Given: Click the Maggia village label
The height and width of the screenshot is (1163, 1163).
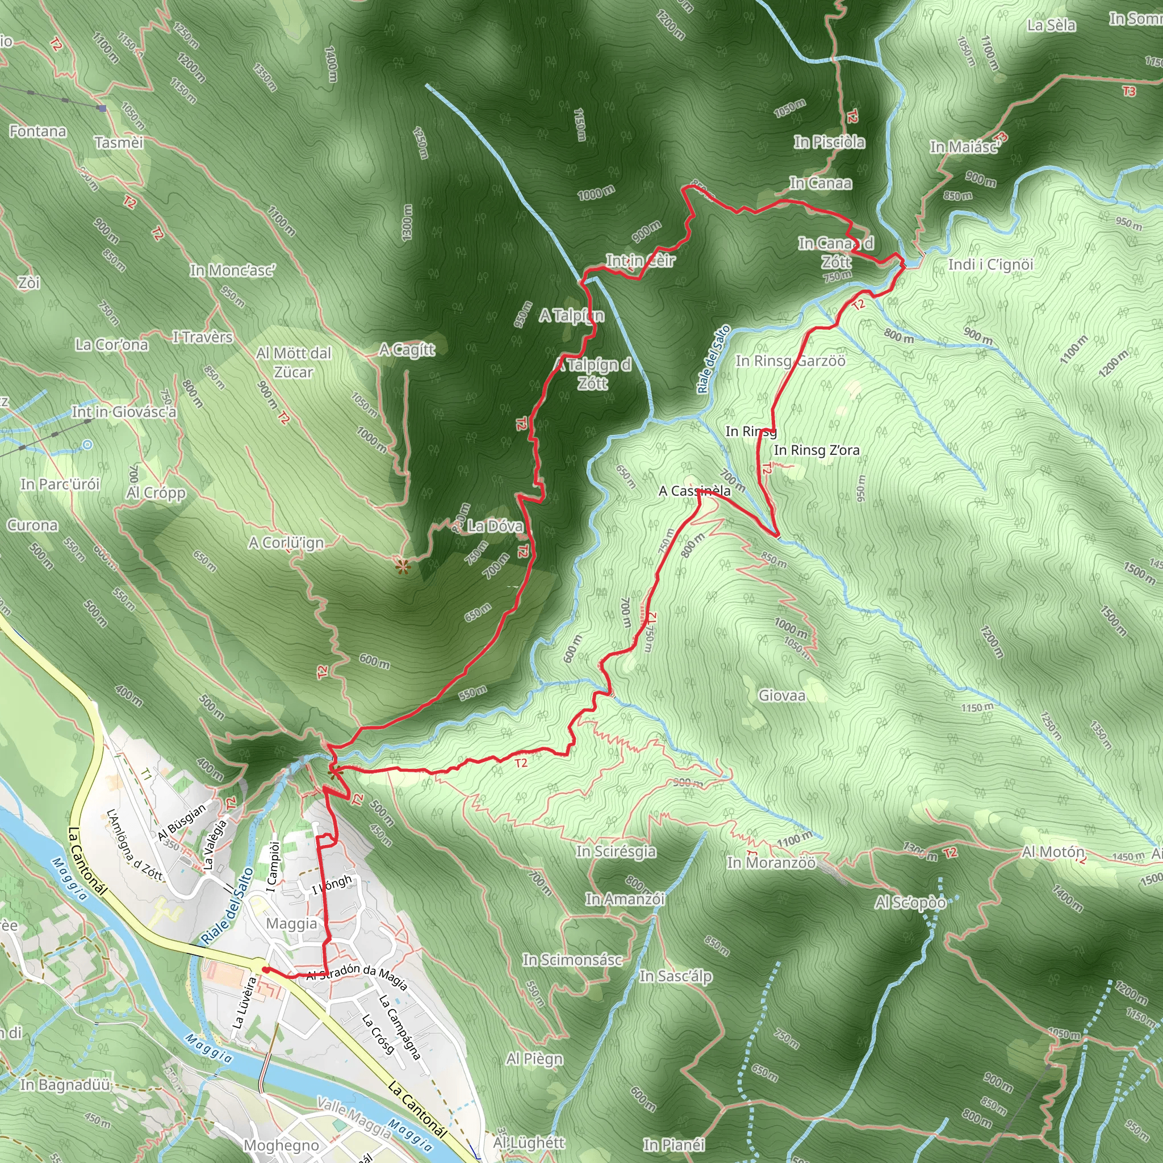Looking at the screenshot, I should tap(291, 923).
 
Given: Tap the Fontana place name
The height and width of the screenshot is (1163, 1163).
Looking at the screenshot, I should tap(37, 131).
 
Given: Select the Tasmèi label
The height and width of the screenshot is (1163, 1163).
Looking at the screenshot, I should tap(119, 142).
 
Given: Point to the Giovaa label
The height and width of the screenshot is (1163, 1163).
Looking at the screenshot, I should tap(781, 695).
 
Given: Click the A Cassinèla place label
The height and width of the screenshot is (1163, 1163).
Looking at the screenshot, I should tap(694, 491).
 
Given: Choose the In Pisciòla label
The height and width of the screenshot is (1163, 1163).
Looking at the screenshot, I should tap(829, 142).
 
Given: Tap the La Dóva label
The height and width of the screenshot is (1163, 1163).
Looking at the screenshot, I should tap(495, 525).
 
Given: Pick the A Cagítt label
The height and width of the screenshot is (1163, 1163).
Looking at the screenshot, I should tap(407, 349).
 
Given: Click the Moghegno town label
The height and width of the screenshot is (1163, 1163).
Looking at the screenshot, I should tap(281, 1144).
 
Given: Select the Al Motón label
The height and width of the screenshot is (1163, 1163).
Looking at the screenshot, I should tap(1053, 852).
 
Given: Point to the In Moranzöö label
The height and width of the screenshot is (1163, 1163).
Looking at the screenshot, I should tap(771, 863).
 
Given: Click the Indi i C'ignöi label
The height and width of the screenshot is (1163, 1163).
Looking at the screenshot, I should tap(990, 264).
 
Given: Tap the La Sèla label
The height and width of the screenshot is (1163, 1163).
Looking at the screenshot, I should tap(1051, 26).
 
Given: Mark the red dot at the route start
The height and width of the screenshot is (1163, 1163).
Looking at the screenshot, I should tap(265, 969).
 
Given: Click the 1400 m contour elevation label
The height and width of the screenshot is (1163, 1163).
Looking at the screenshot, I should tap(331, 64).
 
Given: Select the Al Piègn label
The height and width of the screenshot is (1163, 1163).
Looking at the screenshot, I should tap(534, 1059).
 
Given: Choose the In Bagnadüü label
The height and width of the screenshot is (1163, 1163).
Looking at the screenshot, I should tap(65, 1085).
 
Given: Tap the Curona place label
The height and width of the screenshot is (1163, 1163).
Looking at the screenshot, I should tap(32, 525).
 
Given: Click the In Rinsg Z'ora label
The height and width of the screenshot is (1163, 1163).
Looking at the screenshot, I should tap(816, 450).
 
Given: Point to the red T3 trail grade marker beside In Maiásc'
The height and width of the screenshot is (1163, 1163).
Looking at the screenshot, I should tap(1000, 138).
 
